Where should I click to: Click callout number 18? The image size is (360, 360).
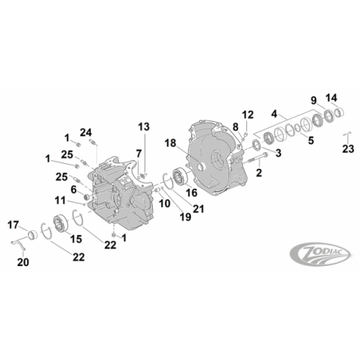[170, 143]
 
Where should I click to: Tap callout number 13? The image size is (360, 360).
[143, 127]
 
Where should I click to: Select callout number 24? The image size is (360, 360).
[86, 132]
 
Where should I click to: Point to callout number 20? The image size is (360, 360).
[23, 262]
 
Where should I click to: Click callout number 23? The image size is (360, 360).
[348, 149]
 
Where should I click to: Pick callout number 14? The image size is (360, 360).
[331, 98]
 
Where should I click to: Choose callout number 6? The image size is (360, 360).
[73, 190]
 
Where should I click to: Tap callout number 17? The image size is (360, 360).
[13, 225]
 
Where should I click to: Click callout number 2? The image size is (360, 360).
[259, 173]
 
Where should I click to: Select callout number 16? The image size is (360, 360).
[192, 193]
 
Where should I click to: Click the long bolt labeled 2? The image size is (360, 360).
[258, 158]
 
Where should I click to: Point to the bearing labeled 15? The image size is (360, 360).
[61, 223]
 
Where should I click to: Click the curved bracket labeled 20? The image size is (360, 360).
[19, 245]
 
